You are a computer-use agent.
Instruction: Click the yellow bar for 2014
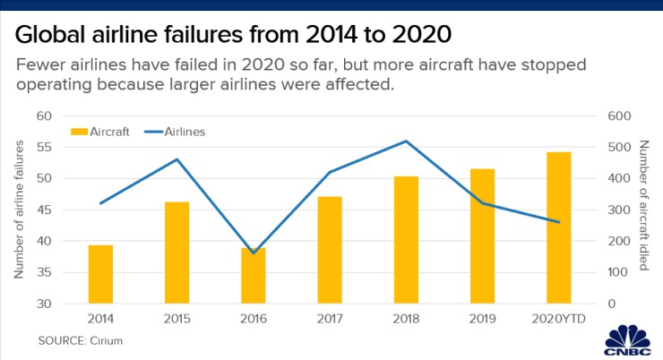pyautogui.click(x=100, y=274)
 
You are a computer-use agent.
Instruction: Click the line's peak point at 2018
pyautogui.click(x=407, y=141)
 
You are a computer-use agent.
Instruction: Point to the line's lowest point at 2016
pyautogui.click(x=254, y=253)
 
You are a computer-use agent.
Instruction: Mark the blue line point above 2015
pyautogui.click(x=177, y=159)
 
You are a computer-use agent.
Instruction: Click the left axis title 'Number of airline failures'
pyautogui.click(x=19, y=210)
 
